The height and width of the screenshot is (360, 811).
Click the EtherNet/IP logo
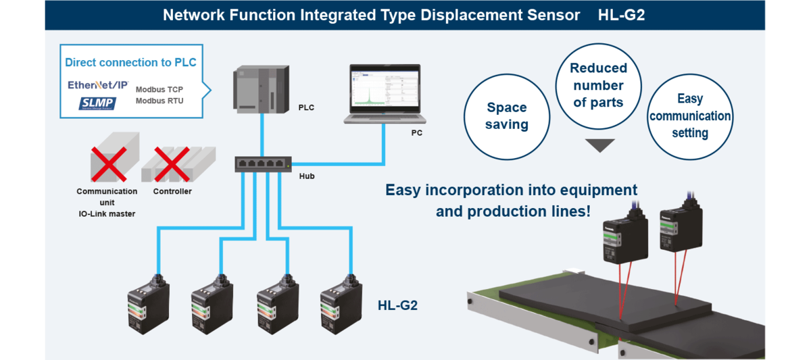99,86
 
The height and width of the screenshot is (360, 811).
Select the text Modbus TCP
159,89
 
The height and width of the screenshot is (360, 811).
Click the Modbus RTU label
159,101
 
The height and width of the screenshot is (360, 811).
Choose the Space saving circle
506,116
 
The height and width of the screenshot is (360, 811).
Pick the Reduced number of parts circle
599,86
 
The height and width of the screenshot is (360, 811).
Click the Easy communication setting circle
689,116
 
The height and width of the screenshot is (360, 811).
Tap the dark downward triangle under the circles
599,145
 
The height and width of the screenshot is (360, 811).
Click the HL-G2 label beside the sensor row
397,305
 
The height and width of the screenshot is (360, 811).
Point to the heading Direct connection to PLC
130,63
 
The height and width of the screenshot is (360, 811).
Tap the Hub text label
306,176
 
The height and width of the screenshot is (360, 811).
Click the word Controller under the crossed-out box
172,191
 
